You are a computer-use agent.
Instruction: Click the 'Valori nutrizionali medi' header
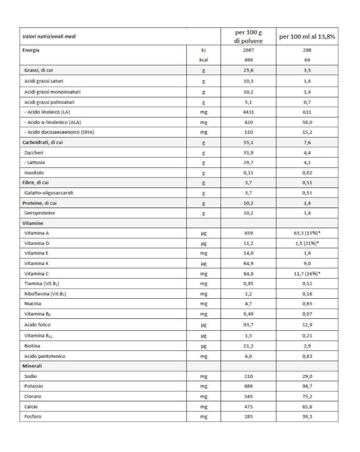pyautogui.click(x=49, y=36)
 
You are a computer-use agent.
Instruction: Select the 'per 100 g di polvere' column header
pyautogui.click(x=248, y=37)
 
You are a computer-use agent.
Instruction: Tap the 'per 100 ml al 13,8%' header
pyautogui.click(x=307, y=37)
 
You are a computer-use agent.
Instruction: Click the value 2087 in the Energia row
pyautogui.click(x=248, y=50)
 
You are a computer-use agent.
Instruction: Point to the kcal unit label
pyautogui.click(x=204, y=60)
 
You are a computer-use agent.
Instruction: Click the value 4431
pyautogui.click(x=248, y=112)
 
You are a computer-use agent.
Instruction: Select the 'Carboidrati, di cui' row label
pyautogui.click(x=43, y=142)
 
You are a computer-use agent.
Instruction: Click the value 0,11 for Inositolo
pyautogui.click(x=248, y=173)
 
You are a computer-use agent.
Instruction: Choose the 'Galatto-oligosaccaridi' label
pyautogui.click(x=49, y=193)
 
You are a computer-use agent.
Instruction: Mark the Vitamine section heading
pyautogui.click(x=33, y=223)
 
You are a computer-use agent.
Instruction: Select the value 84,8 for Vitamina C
pyautogui.click(x=248, y=274)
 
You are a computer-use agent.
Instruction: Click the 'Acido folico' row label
pyautogui.click(x=37, y=325)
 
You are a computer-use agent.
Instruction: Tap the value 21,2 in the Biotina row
pyautogui.click(x=248, y=346)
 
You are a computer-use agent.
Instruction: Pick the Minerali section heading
pyautogui.click(x=32, y=366)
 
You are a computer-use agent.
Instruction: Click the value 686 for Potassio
pyautogui.click(x=248, y=386)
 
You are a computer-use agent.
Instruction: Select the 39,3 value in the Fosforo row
pyautogui.click(x=307, y=416)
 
